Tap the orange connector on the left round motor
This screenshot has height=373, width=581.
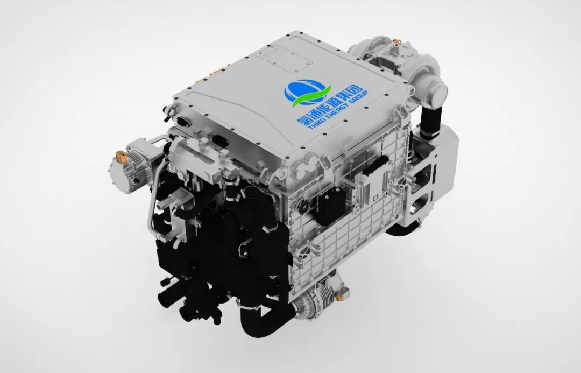pos(121,157)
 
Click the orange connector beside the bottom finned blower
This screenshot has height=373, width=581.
pos(339,295)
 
